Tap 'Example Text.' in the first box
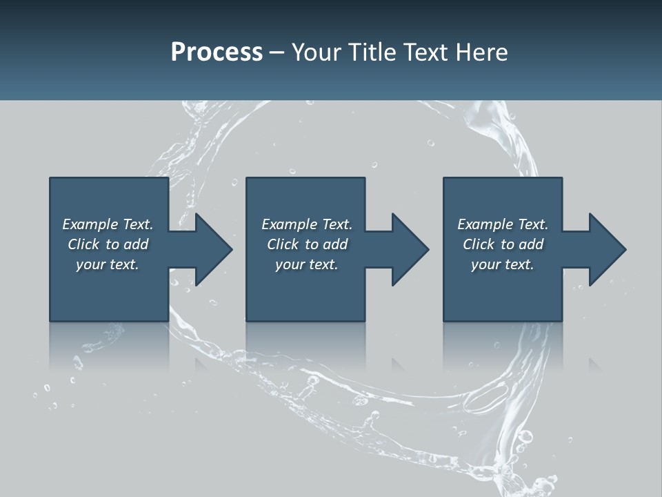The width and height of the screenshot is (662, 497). coord(108,224)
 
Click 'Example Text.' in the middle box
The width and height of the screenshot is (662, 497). coord(306,224)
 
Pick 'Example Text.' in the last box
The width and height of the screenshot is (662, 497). coord(503,224)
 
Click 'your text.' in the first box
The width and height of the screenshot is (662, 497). coord(108,264)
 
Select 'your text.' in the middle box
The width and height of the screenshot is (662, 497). coord(306,264)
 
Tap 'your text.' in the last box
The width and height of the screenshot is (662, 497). coord(503,264)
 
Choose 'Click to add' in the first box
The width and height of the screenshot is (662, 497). coord(108,244)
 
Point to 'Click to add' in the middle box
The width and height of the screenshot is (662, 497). coord(306,244)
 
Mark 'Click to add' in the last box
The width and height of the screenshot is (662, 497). coord(503,244)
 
